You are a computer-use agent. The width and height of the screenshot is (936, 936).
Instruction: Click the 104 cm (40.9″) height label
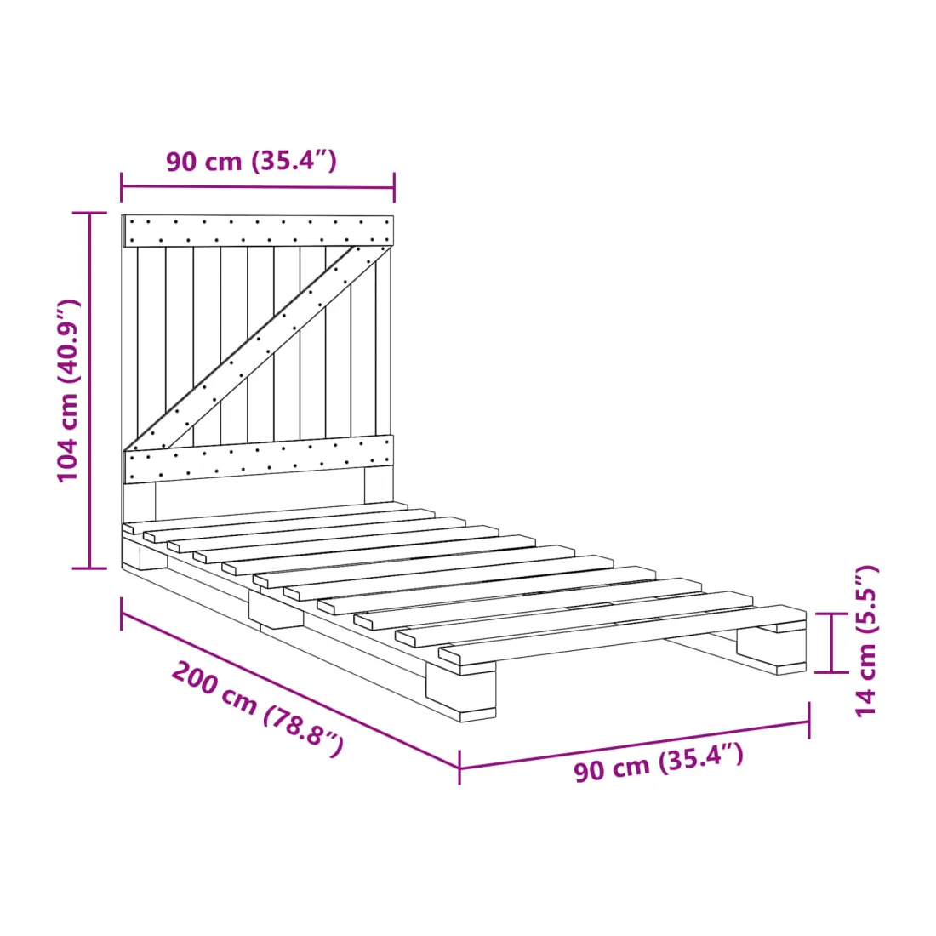67,391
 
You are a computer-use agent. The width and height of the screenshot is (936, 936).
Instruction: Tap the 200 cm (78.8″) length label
257,709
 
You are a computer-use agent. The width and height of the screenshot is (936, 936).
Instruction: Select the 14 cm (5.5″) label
866,641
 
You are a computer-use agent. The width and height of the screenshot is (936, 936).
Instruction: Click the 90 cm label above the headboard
251,161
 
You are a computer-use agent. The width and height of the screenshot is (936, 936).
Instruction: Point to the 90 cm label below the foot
659,762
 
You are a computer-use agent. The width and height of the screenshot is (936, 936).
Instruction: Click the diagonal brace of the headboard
257,348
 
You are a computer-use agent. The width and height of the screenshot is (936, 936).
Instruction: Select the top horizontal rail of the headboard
258,231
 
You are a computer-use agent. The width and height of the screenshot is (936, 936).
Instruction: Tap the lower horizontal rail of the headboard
258,459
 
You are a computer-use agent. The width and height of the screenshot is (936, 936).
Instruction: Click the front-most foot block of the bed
460,693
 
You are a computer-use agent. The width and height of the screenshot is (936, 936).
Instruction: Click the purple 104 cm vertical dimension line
89,391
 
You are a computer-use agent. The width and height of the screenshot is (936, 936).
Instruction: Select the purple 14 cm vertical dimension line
831,642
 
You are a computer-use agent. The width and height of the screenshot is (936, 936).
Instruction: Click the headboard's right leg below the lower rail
379,485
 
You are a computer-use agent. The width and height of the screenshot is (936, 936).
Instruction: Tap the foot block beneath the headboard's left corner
145,555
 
